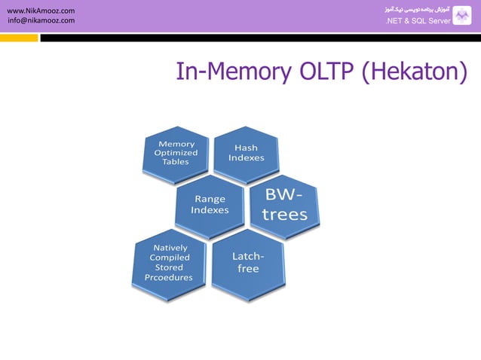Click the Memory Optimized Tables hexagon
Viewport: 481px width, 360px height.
176,154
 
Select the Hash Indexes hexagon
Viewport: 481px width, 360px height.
247,154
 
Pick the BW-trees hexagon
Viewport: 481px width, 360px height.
284,205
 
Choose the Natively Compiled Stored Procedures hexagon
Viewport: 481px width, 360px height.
168,262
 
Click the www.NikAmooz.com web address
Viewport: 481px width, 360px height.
41,11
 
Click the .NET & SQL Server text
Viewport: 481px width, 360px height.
418,21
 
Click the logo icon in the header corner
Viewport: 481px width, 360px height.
461,15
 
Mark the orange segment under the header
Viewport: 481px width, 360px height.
19,37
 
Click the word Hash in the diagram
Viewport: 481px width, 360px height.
247,148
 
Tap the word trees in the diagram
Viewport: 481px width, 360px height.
285,215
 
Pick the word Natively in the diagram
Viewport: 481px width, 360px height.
170,247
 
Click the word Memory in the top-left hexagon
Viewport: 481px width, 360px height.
176,143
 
